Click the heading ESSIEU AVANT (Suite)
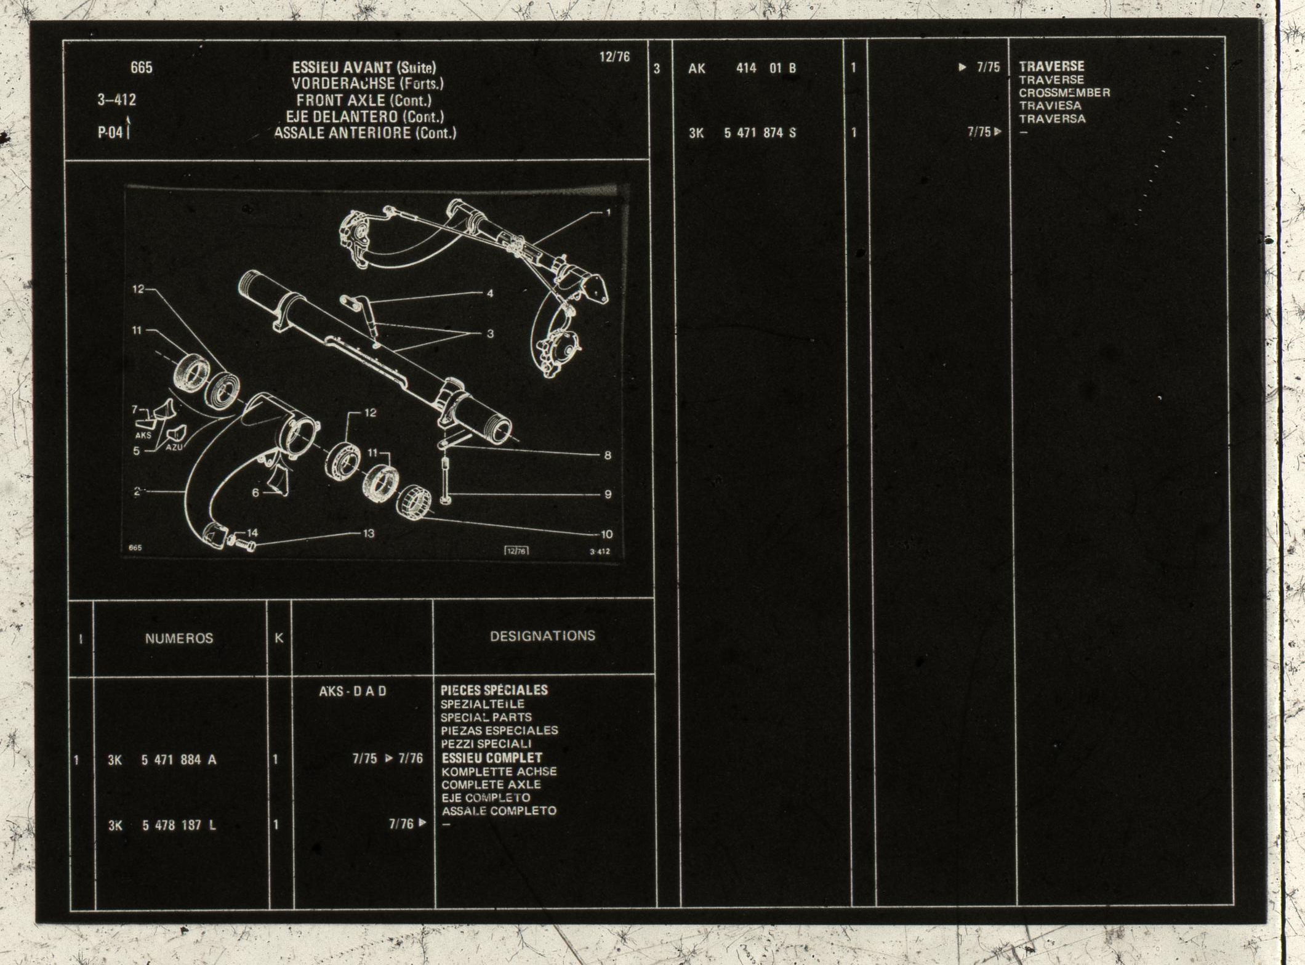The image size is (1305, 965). (364, 67)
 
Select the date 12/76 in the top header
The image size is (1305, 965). (614, 57)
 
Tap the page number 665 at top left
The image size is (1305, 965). (142, 67)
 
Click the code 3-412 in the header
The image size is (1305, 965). (116, 99)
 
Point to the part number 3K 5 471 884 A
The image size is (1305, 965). (162, 759)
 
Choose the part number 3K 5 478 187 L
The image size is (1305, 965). (162, 825)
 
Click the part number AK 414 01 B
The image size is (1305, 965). (742, 68)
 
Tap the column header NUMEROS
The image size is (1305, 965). (179, 638)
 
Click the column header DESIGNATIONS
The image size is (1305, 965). (542, 636)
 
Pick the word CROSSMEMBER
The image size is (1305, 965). (1064, 93)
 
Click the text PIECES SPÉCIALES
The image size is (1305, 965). (494, 690)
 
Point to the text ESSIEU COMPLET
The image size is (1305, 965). (491, 757)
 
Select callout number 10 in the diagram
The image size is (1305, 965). (607, 535)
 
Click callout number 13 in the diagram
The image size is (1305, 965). (368, 533)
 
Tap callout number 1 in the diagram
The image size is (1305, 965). (608, 212)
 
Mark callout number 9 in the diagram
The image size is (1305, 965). (608, 494)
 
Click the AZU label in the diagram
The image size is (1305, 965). (174, 447)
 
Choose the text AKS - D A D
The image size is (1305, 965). (352, 691)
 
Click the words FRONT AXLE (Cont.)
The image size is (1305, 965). (364, 100)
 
